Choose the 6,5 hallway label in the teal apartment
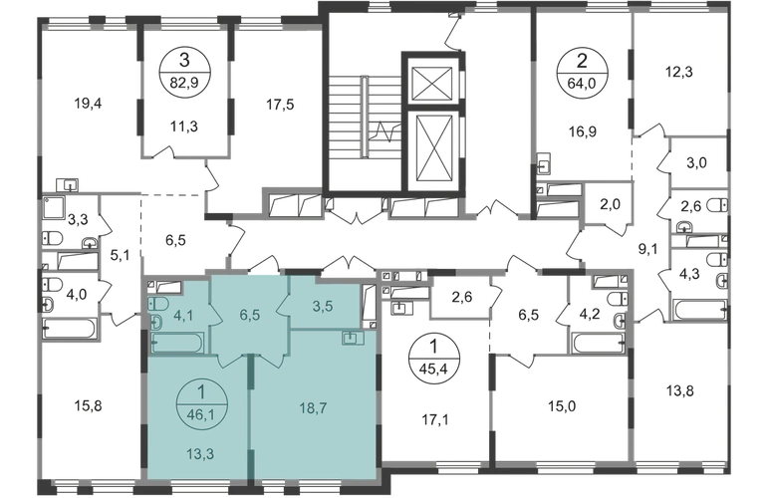(x=250, y=316)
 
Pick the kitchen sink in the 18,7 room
(x=353, y=339)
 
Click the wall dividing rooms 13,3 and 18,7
(x=250, y=408)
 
